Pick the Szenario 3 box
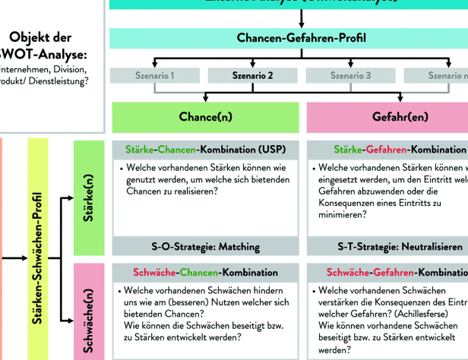tap(349, 75)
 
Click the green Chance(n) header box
tap(204, 118)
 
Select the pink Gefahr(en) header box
tap(387, 118)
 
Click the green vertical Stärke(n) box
tap(89, 197)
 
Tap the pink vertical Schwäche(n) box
tap(89, 311)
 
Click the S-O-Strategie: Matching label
tap(204, 246)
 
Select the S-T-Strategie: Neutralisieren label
tap(387, 246)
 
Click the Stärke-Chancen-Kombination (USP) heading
tap(204, 150)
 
